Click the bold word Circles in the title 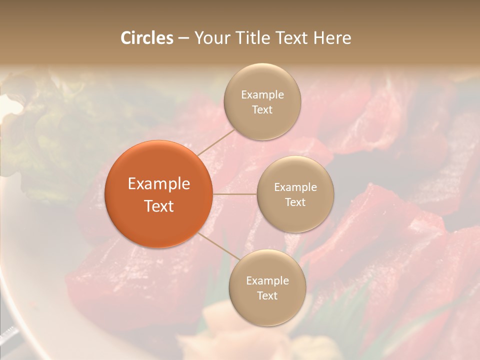pos(147,38)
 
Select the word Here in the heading pos(331,38)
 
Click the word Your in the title pos(212,38)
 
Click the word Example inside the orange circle pos(158,184)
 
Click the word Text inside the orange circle pos(158,206)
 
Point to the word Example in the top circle pos(262,95)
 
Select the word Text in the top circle pos(262,109)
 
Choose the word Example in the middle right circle pos(295,187)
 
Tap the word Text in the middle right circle pos(295,202)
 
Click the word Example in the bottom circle pos(267,281)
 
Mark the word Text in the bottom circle pos(267,295)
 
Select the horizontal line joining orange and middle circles pos(234,194)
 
